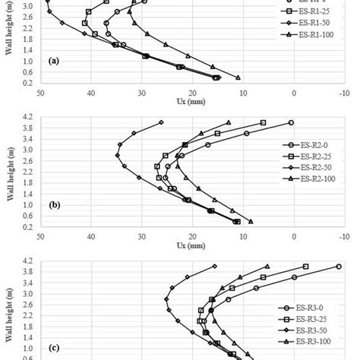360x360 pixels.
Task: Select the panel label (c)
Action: [54, 348]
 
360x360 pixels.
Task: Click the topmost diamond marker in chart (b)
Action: [161, 122]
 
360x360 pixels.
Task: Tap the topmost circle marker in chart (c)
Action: [339, 267]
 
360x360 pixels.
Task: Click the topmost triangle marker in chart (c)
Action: [267, 267]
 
